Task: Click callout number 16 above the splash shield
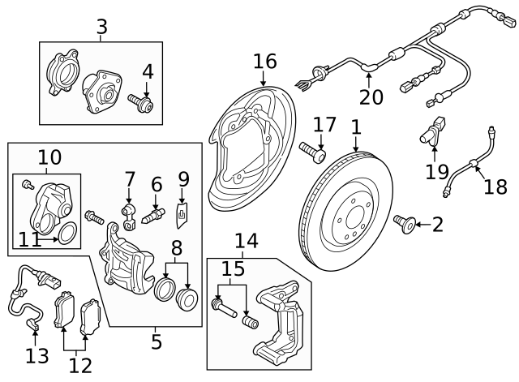tap(264, 61)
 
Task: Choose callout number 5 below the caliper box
tap(157, 341)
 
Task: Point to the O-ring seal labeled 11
tap(69, 235)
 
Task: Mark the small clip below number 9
tap(182, 213)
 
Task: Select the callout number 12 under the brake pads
tap(80, 365)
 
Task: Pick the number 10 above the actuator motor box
tap(49, 157)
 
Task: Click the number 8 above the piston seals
tap(178, 247)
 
